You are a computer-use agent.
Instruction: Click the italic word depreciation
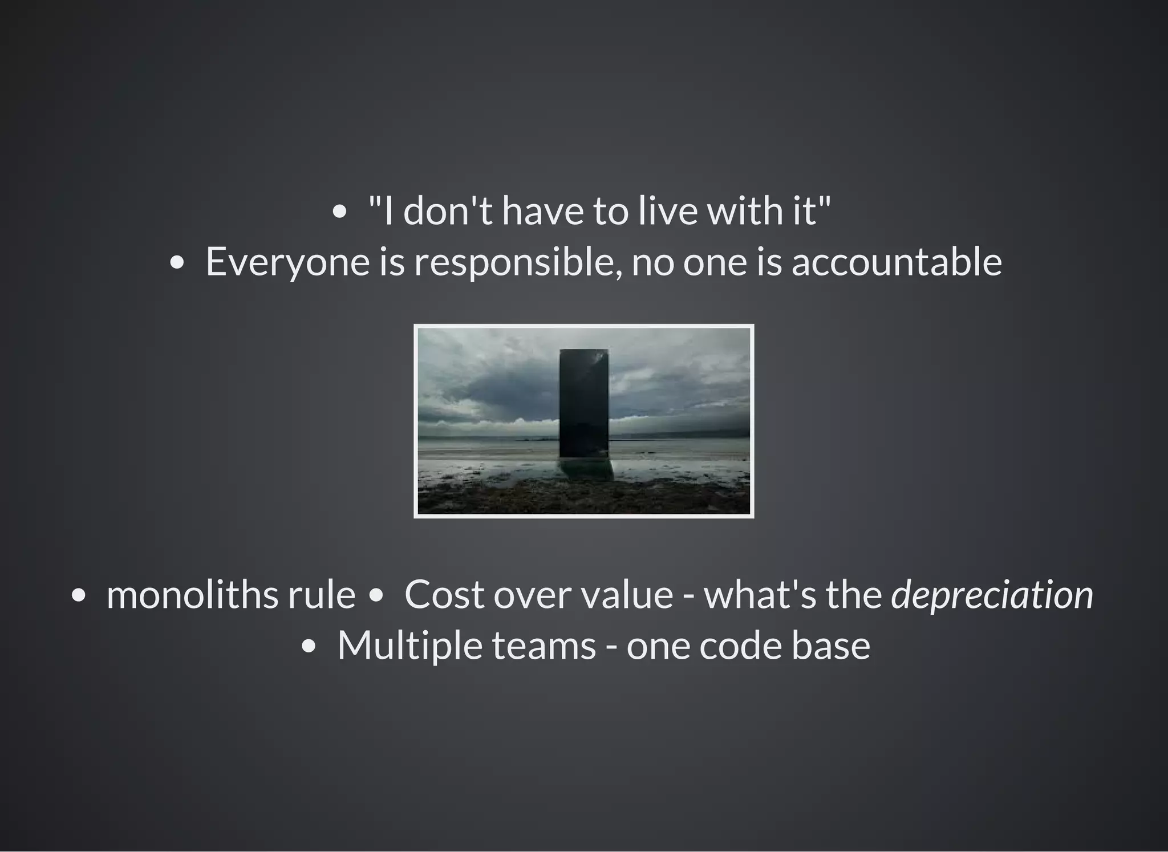(992, 595)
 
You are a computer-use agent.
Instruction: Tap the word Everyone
(287, 262)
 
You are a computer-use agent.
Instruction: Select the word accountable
(897, 262)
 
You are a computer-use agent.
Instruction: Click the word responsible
(517, 262)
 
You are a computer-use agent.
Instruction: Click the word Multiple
(409, 646)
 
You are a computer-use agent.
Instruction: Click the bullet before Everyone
(177, 263)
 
